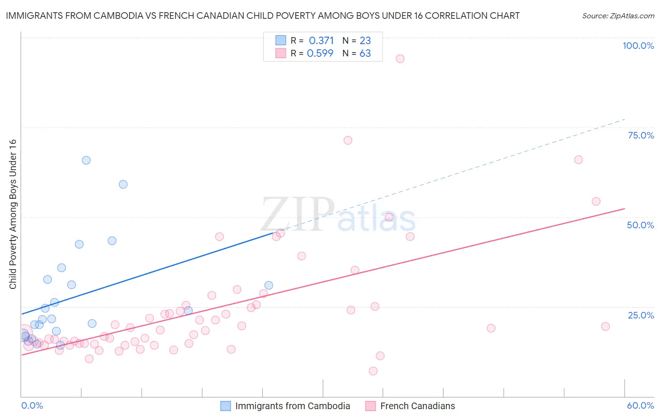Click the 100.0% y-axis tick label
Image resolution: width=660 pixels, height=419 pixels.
coord(638,46)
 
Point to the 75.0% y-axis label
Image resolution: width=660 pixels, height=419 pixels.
coord(641,135)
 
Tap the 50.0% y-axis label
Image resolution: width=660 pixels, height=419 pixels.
coord(640,225)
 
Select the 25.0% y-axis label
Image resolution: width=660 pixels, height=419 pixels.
coord(641,315)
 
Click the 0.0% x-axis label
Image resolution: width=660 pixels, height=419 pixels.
coord(32,405)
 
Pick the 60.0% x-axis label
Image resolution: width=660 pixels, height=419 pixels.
coord(640,405)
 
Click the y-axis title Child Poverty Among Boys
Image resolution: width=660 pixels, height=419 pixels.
coord(13,214)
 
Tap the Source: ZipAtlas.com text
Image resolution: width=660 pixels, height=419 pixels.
coord(618,16)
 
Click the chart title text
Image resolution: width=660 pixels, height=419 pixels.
coord(262,16)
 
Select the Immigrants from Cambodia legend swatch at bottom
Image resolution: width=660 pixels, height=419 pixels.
coord(226,406)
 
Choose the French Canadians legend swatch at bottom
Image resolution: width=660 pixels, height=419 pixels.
coord(371,406)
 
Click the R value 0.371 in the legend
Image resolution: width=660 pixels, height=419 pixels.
coord(321,41)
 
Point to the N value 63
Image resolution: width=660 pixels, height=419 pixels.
coord(365,54)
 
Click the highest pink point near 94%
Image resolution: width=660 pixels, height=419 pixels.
coord(400,59)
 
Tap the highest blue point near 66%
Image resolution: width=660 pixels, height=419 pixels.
coord(86,160)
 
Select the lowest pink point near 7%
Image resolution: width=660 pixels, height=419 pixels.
coord(373,371)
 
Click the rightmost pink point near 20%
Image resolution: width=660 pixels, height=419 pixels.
coord(606,326)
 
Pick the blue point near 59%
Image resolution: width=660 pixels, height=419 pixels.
coord(123,185)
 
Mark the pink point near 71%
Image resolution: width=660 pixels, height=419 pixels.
coord(348,140)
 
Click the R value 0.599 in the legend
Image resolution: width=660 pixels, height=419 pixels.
coord(320,54)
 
